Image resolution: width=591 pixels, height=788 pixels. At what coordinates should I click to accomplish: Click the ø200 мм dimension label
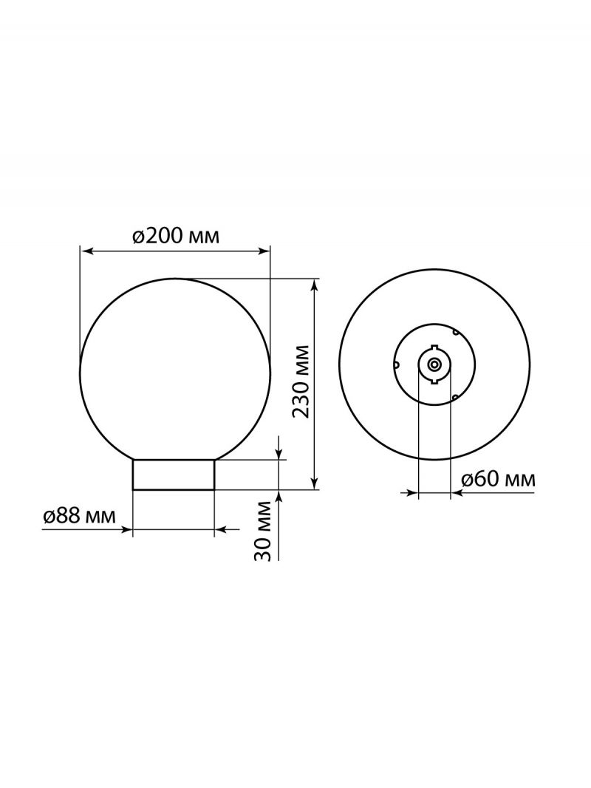pyautogui.click(x=176, y=236)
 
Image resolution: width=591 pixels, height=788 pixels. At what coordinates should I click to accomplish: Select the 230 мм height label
pyautogui.click(x=301, y=382)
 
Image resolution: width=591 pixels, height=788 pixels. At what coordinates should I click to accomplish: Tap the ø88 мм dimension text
pyautogui.click(x=78, y=516)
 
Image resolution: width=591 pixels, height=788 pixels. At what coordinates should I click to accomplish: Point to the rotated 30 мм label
pyautogui.click(x=264, y=531)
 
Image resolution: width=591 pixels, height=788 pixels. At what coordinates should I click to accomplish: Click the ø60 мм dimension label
pyautogui.click(x=498, y=479)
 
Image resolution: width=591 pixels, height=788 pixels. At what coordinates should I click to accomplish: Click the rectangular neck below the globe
pyautogui.click(x=173, y=475)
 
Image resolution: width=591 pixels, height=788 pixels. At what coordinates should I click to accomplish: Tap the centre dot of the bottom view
pyautogui.click(x=434, y=364)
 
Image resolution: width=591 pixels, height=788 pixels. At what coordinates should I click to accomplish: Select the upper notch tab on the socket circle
pyautogui.click(x=434, y=347)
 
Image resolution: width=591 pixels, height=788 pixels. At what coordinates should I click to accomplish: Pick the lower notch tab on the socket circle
pyautogui.click(x=434, y=380)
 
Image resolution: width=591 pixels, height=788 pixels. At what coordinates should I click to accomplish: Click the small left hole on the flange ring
pyautogui.click(x=396, y=364)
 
